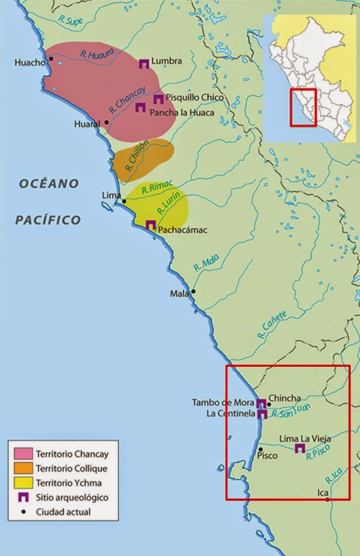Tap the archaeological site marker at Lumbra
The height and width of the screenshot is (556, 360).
144,63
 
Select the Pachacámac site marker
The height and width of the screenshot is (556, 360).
151,225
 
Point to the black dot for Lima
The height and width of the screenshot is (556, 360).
124,201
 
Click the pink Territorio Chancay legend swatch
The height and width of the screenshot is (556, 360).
24,454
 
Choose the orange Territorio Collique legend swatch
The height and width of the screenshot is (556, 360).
24,469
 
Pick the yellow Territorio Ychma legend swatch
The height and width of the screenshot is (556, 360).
24,483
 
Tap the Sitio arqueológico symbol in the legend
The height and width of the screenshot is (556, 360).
24,497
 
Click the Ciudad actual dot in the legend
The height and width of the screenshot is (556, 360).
24,512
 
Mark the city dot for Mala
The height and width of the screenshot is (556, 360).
193,291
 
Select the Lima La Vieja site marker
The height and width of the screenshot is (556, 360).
299,448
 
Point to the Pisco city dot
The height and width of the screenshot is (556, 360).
260,449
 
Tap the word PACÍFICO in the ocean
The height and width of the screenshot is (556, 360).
47,220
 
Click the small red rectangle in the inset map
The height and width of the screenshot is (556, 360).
303,107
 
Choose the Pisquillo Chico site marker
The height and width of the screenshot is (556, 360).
158,99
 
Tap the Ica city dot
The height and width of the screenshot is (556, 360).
327,500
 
